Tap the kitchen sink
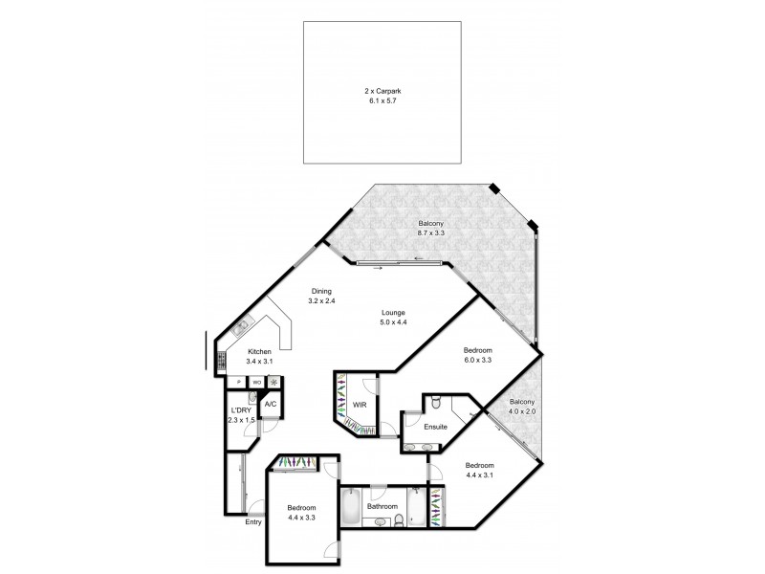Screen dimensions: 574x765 click(241, 327)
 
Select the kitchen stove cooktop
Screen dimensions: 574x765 click(222, 362)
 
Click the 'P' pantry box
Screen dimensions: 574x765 click(238, 383)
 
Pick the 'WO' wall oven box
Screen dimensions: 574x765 click(256, 383)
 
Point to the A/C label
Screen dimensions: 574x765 click(271, 405)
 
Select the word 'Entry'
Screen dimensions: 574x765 click(253, 522)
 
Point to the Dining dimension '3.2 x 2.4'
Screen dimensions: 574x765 click(322, 301)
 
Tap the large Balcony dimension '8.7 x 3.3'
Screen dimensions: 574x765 click(430, 232)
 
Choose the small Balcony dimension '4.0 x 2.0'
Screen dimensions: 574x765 click(521, 412)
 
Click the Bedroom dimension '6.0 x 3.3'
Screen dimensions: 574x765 click(478, 363)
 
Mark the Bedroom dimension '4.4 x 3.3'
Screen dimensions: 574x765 click(301, 518)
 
